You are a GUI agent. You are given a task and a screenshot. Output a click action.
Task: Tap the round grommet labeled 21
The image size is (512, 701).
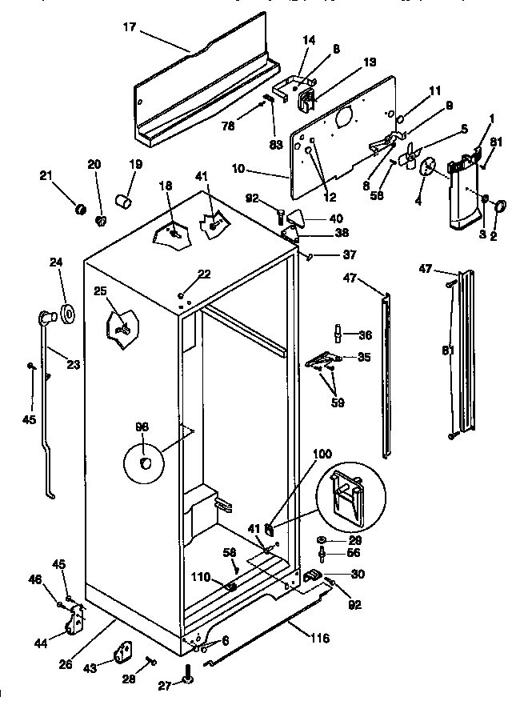click(80, 210)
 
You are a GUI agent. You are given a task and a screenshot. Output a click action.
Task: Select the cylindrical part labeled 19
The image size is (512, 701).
click(124, 199)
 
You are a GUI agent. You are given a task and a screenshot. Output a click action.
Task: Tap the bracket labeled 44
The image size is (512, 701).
click(78, 619)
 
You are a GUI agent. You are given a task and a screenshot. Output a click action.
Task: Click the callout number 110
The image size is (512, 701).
click(201, 577)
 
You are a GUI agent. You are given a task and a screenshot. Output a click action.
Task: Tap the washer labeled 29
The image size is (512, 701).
click(321, 540)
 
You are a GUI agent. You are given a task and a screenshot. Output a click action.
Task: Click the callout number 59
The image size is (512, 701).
click(337, 403)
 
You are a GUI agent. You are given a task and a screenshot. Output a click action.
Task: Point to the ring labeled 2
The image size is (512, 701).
click(501, 206)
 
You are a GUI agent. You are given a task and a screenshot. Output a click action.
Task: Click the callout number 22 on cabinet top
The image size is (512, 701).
click(204, 274)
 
